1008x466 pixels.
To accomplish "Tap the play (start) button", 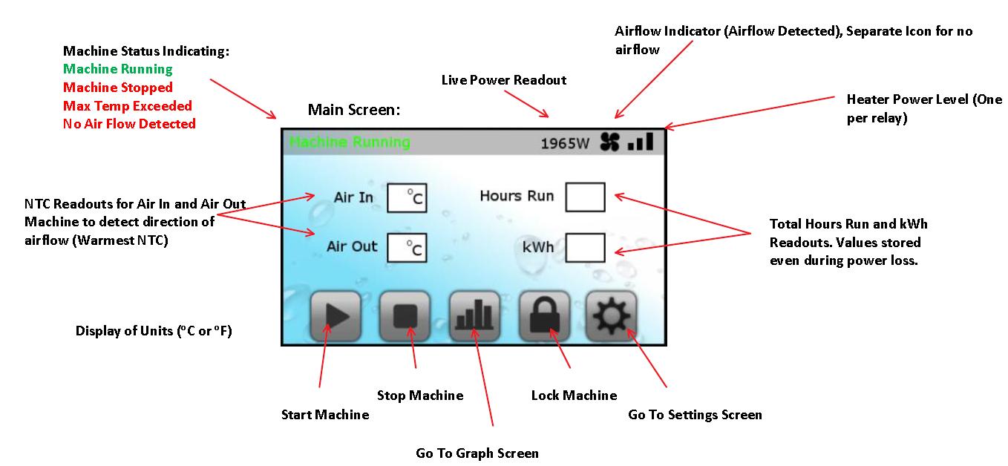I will [x=336, y=316].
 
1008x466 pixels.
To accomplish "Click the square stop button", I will [x=405, y=316].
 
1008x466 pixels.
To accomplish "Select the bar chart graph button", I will [x=474, y=316].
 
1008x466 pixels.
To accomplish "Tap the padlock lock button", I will [x=544, y=316].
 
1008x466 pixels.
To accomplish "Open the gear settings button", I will [x=611, y=316].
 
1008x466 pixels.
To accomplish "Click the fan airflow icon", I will [x=609, y=142].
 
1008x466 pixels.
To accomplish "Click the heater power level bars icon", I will [x=640, y=142].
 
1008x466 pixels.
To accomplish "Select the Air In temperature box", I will [x=408, y=198].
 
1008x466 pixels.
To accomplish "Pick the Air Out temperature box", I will [x=408, y=247].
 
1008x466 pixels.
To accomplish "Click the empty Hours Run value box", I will [x=585, y=197].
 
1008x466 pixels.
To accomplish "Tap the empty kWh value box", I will [x=585, y=247].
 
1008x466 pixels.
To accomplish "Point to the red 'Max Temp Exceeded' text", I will [x=128, y=106].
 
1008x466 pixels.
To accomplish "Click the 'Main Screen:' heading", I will [x=354, y=111].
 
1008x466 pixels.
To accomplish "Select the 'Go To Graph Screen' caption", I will [x=477, y=453].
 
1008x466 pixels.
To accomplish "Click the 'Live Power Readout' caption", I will [x=504, y=80].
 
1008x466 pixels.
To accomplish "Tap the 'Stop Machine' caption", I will [x=420, y=396].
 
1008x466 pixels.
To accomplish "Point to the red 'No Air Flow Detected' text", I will [x=129, y=124].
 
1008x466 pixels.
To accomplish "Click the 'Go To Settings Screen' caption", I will [x=695, y=415].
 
